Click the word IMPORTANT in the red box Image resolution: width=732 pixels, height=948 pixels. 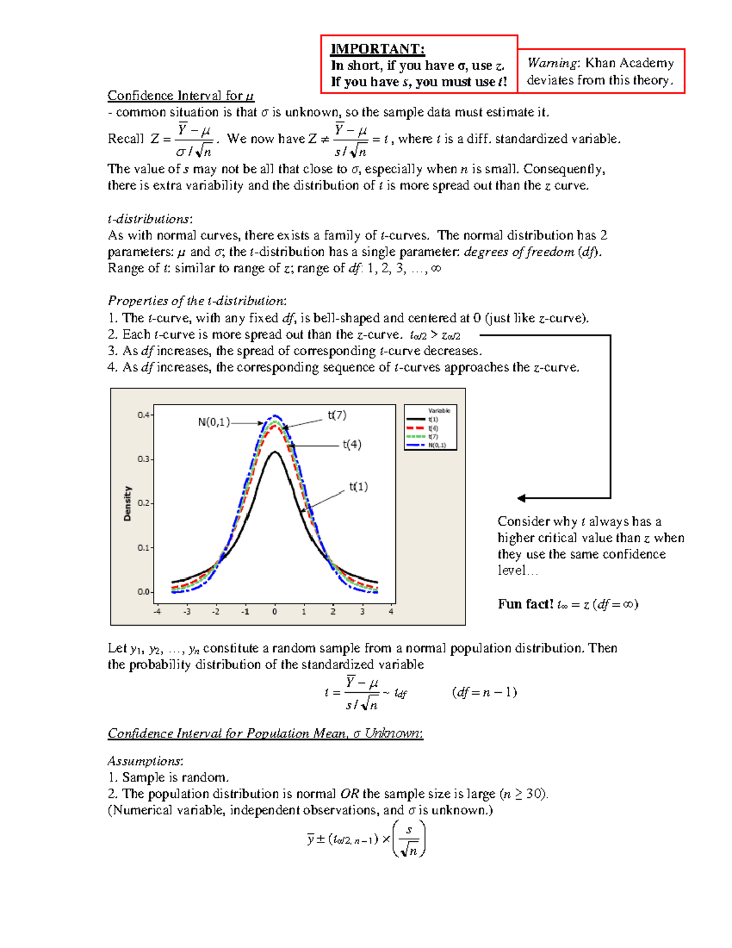tap(377, 49)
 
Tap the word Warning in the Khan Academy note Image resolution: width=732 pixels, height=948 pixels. tap(553, 63)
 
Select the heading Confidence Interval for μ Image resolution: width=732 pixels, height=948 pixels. tap(181, 96)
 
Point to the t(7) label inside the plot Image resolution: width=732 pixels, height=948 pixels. tap(337, 415)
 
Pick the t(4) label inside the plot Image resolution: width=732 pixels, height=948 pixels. tap(352, 444)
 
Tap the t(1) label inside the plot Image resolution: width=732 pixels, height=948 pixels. tap(359, 487)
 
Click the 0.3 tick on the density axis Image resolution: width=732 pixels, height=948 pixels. tap(143, 459)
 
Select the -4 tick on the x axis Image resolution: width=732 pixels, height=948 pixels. tap(157, 611)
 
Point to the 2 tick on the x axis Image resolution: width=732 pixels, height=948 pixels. tap(333, 611)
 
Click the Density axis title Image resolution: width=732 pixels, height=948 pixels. tap(127, 504)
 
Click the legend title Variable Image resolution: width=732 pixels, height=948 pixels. tap(439, 411)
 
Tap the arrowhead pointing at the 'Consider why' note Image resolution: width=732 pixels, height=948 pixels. tap(522, 498)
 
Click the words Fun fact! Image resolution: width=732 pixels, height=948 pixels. tap(525, 604)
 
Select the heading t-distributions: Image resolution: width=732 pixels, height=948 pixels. tap(150, 219)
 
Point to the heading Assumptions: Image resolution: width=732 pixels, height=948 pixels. tap(145, 761)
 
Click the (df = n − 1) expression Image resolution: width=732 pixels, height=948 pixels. tap(484, 692)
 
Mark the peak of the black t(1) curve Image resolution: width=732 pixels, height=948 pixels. tap(275, 452)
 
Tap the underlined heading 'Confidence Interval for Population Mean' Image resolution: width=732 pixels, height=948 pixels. tap(265, 733)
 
